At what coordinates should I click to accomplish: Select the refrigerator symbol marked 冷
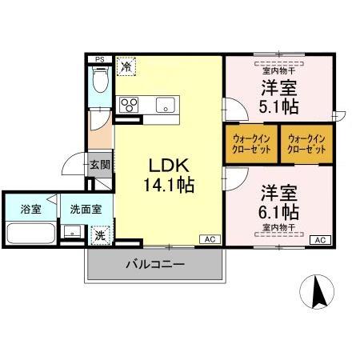click(x=126, y=66)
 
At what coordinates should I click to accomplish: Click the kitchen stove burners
click(x=129, y=104)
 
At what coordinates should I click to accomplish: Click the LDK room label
click(x=169, y=165)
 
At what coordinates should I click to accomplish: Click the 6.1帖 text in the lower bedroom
click(x=279, y=212)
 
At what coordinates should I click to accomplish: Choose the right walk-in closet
click(x=306, y=144)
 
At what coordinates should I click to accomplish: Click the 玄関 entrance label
click(x=99, y=166)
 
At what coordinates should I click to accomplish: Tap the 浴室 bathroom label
click(x=30, y=210)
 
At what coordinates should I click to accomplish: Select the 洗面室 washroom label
click(x=86, y=210)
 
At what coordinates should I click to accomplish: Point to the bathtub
click(x=30, y=235)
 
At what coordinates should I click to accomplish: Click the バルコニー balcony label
click(x=154, y=263)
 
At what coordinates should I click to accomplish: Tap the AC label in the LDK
click(x=209, y=239)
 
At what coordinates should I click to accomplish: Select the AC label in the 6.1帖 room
click(x=318, y=239)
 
